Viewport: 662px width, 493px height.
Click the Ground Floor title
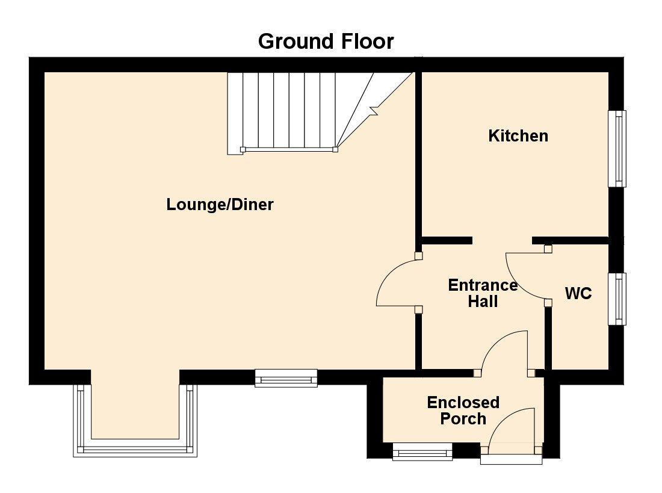326,42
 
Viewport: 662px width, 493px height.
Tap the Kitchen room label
518,136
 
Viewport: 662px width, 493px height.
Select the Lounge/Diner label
220,205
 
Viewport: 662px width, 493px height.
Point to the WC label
578,294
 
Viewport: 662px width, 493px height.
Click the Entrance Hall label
483,293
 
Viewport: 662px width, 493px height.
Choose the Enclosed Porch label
463,410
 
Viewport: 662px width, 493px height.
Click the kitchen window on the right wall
617,149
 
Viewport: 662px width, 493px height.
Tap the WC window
617,299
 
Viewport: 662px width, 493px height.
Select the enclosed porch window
422,451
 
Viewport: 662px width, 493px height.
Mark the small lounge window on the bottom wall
286,377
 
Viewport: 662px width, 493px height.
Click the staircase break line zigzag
374,110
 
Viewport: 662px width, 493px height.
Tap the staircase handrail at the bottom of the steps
289,149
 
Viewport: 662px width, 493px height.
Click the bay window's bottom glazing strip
137,449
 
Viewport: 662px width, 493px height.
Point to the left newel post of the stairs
243,149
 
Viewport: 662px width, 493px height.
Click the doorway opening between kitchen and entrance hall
502,240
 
